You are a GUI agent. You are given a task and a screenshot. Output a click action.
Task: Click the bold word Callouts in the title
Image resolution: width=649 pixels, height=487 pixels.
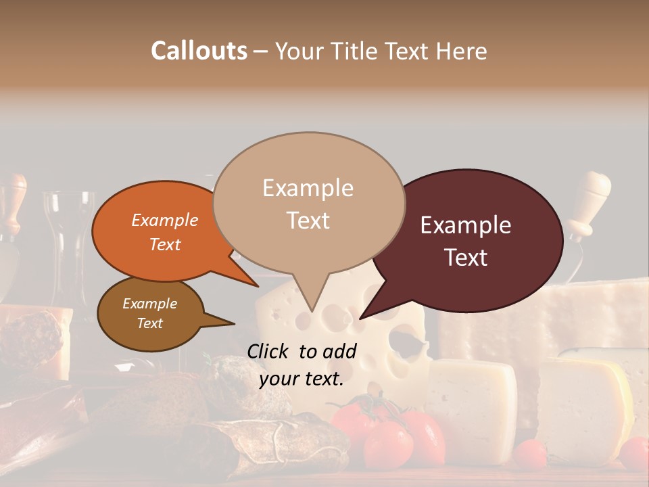coord(199,51)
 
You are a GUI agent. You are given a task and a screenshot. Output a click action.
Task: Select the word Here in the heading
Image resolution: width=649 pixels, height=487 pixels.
coord(462,51)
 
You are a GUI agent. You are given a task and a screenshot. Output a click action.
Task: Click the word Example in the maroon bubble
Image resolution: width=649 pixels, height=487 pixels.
coord(466,225)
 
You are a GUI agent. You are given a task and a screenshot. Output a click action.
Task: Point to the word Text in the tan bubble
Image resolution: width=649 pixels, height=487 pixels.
coord(308,221)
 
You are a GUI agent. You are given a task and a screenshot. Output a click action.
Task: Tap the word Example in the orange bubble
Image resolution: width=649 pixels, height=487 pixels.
coord(164,220)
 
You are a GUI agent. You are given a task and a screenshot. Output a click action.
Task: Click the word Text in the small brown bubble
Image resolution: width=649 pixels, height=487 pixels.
coord(149,323)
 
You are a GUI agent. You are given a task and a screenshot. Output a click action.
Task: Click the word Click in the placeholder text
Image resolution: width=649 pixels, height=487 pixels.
coord(268,351)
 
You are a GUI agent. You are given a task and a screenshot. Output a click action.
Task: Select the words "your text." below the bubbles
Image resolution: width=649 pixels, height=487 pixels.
coord(302,379)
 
